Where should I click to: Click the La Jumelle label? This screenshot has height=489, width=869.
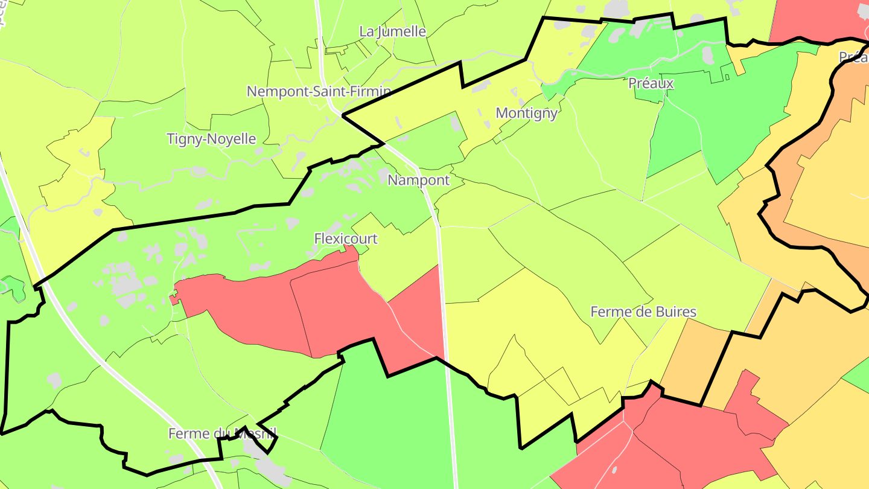coord(393,31)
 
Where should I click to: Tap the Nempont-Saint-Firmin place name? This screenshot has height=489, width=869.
coord(319,92)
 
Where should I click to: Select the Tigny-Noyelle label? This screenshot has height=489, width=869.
coord(211,139)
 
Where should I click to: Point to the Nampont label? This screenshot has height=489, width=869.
coord(418,180)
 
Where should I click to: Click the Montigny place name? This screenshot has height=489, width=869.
coord(526,113)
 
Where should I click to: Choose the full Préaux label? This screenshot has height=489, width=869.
coord(651,83)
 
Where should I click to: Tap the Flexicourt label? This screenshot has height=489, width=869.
coord(346,238)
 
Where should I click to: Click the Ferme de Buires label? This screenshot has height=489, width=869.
coord(643,312)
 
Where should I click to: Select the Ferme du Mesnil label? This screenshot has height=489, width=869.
coord(222,433)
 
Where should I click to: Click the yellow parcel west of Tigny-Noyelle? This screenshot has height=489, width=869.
coord(72,181)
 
